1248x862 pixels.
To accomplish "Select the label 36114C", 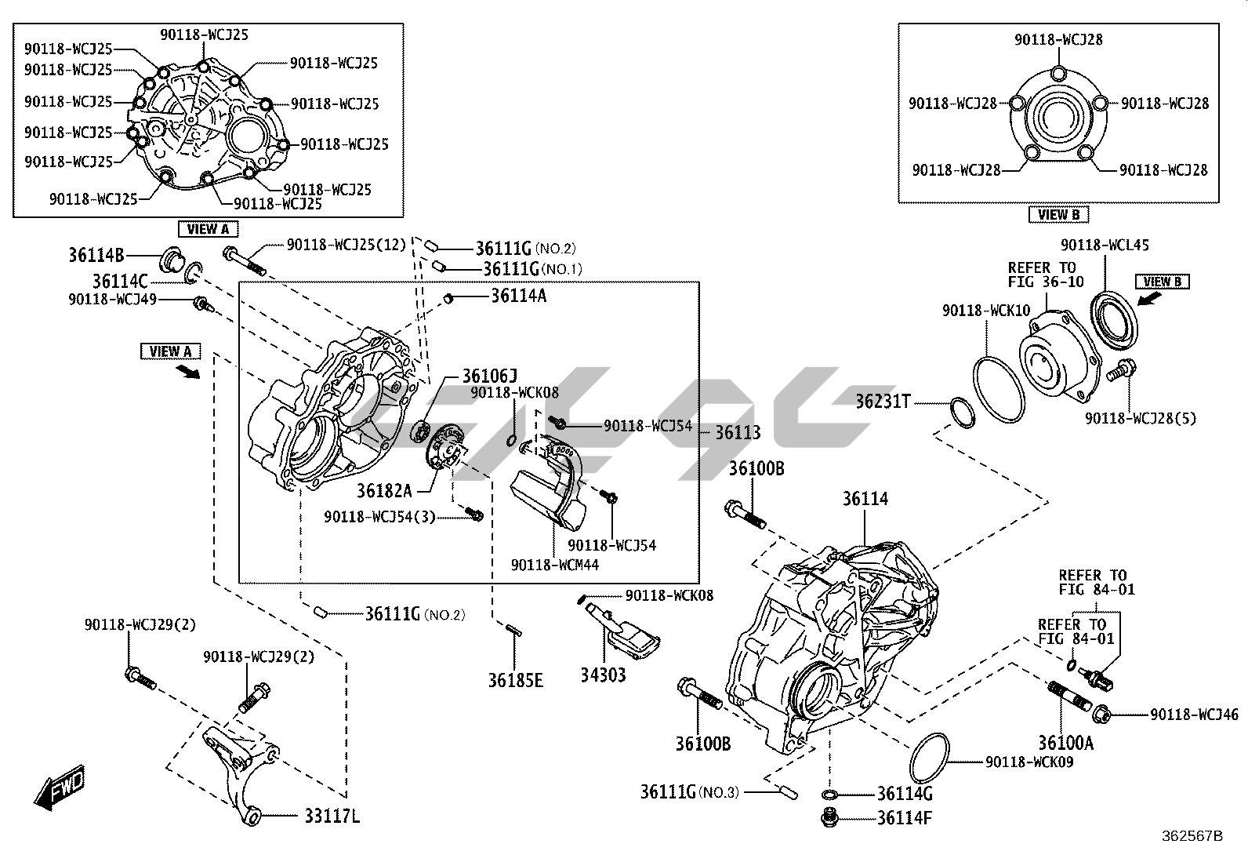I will point(120,281).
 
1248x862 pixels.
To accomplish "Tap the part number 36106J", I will point(489,376).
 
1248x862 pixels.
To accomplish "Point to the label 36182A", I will point(384,490).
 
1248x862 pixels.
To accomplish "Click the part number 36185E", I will point(515,679).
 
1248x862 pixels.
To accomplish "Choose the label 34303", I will point(603,674).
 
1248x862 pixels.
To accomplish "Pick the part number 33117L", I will point(332,817).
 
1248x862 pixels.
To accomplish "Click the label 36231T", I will point(883,402).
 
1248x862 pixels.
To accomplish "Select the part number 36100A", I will point(1065,742).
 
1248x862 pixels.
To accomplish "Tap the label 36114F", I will point(905,818).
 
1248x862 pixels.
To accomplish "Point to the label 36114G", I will point(905,793).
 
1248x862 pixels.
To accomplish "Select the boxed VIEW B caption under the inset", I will point(1058,214).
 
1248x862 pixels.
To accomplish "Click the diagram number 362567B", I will point(1192,836).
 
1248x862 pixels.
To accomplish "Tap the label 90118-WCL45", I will point(1105,245).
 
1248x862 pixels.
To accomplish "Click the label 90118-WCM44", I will point(555,564).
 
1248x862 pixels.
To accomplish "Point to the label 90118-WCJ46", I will point(1195,715).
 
